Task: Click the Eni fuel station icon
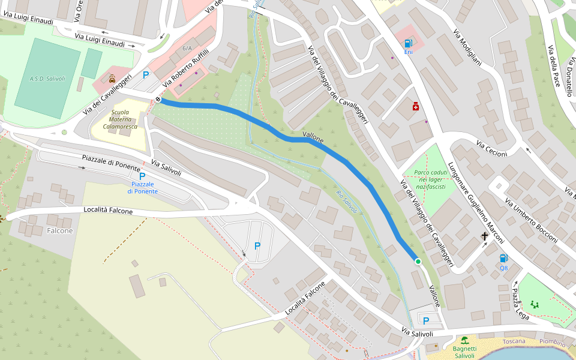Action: pyautogui.click(x=408, y=43)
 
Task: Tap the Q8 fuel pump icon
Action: pyautogui.click(x=503, y=258)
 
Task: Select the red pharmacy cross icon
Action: pyautogui.click(x=415, y=106)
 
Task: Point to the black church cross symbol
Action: pyautogui.click(x=485, y=236)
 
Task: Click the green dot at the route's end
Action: pyautogui.click(x=418, y=262)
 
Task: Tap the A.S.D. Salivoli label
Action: pyautogui.click(x=47, y=79)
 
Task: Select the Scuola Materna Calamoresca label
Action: pyautogui.click(x=120, y=119)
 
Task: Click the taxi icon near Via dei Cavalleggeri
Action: pyautogui.click(x=112, y=78)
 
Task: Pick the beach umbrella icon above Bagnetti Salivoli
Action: pyautogui.click(x=464, y=340)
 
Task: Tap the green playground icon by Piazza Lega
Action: pyautogui.click(x=534, y=304)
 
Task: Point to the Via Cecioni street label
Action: pyautogui.click(x=491, y=149)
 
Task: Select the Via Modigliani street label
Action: pyautogui.click(x=467, y=47)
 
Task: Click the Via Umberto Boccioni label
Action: pyautogui.click(x=531, y=219)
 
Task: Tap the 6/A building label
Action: pyautogui.click(x=187, y=48)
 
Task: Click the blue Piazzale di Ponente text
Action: pyautogui.click(x=142, y=187)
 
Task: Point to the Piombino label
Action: pyautogui.click(x=551, y=341)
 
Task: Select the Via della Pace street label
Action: pyautogui.click(x=556, y=63)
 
